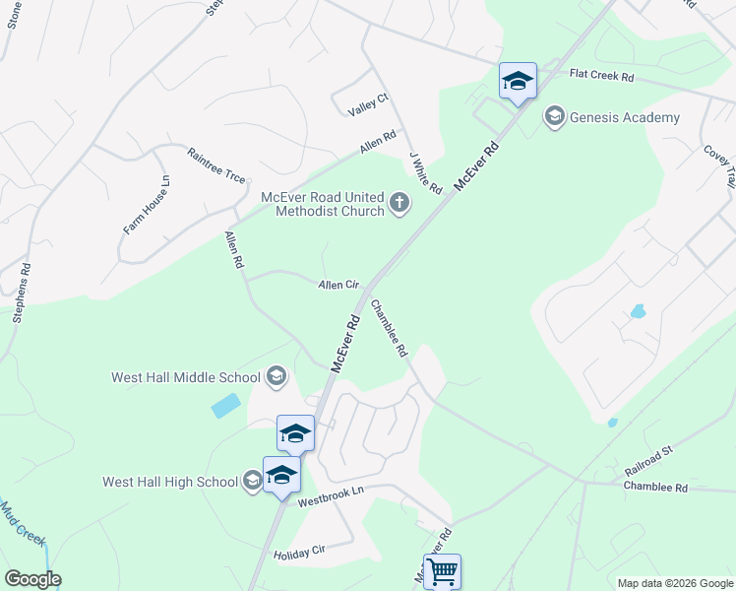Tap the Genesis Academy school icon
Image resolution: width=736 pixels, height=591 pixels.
[554, 118]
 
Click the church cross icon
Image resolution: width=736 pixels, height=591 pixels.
[399, 204]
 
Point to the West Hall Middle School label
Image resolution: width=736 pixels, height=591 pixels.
[186, 376]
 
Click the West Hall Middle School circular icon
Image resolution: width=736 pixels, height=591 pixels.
[276, 376]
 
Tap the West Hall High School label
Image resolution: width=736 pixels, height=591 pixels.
[170, 482]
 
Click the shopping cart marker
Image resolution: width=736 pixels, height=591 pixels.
[442, 570]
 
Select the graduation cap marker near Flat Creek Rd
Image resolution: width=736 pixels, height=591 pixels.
[518, 81]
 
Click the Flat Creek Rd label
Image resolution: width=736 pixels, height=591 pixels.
[602, 75]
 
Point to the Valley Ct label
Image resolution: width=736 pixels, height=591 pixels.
[369, 104]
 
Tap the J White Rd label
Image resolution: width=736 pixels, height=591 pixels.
[426, 171]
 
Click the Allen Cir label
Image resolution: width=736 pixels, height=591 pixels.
[337, 285]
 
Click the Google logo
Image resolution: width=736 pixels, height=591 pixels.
[32, 579]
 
